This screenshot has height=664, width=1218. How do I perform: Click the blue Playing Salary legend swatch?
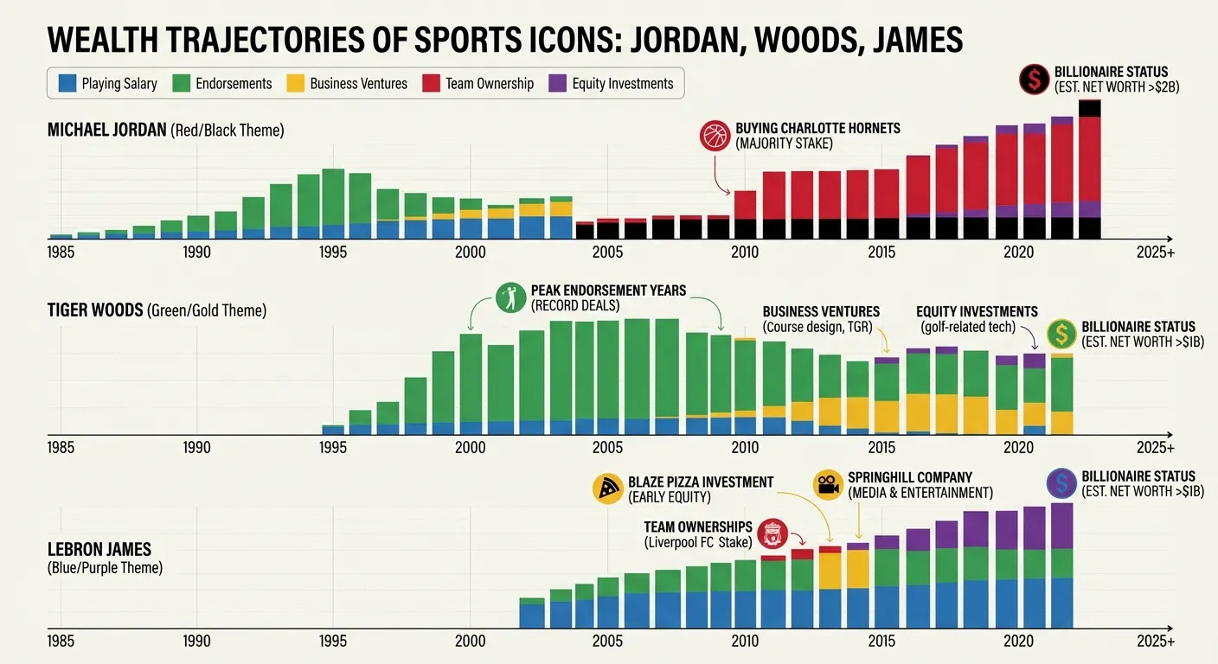pyautogui.click(x=67, y=84)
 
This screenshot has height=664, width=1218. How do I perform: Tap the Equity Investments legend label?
pyautogui.click(x=622, y=84)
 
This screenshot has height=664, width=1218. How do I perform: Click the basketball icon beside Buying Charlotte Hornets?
pyautogui.click(x=714, y=137)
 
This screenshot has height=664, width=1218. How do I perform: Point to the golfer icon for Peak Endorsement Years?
pyautogui.click(x=510, y=298)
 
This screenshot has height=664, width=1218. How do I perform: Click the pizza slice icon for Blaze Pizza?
pyautogui.click(x=608, y=488)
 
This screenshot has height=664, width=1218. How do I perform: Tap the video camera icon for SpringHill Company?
pyautogui.click(x=828, y=485)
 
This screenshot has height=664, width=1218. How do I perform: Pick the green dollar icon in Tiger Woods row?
pyautogui.click(x=1061, y=335)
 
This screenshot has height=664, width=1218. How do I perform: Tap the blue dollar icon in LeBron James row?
pyautogui.click(x=1061, y=483)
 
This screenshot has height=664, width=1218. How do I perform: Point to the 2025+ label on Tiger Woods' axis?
pyautogui.click(x=1156, y=448)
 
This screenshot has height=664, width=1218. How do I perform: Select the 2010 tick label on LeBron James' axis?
pyautogui.click(x=744, y=642)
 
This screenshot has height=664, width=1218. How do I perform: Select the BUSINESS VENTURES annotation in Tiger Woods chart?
pyautogui.click(x=820, y=312)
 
